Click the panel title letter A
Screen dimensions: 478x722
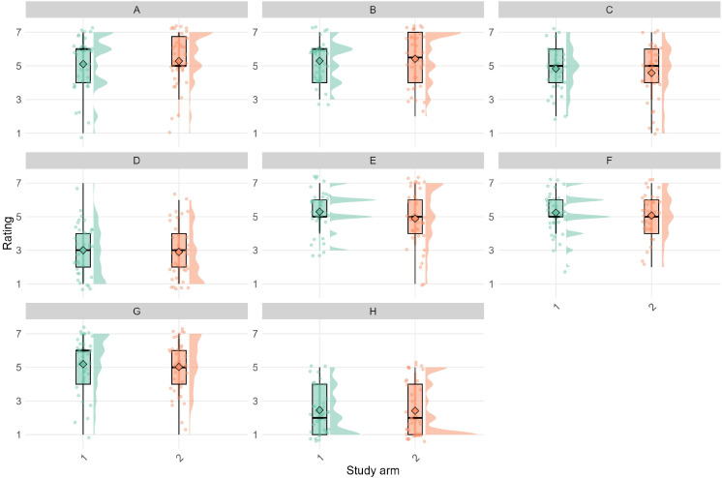[131, 9]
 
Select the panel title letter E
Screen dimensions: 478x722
[367, 161]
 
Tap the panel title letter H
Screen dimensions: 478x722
[367, 312]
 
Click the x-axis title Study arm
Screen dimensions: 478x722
[367, 469]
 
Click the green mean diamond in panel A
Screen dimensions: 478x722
[83, 64]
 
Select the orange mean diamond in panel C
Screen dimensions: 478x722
[651, 73]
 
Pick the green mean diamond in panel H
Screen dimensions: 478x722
[319, 410]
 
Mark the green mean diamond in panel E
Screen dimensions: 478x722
[319, 212]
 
